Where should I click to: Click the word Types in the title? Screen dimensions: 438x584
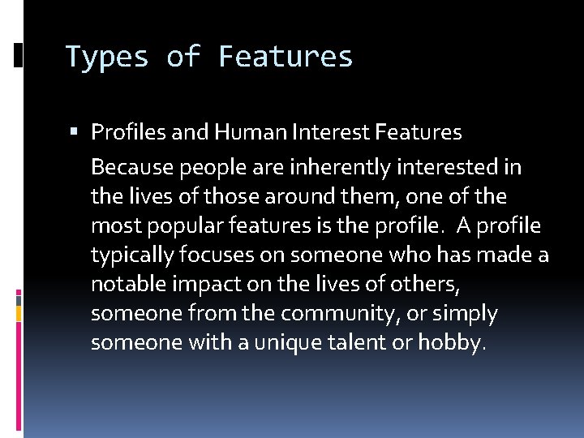tap(106, 58)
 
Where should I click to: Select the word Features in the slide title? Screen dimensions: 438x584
tap(286, 58)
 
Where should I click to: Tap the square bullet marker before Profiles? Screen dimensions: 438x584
tap(74, 131)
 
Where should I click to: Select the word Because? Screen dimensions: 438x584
tap(133, 168)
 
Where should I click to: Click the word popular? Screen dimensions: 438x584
tap(178, 226)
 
